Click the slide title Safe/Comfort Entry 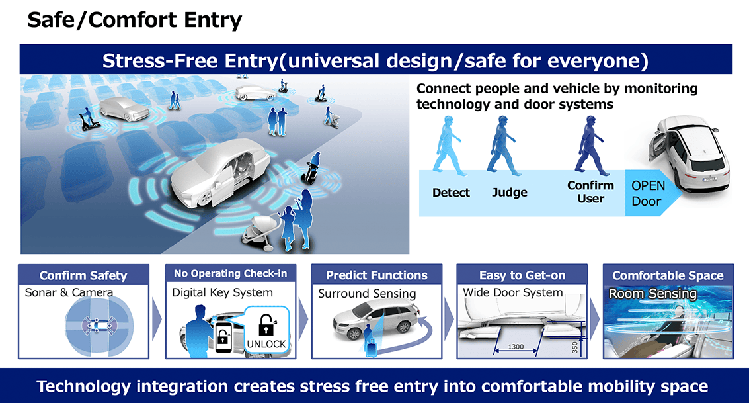(x=135, y=20)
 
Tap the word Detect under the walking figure (x=451, y=193)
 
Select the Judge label (x=510, y=193)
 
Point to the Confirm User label (x=590, y=192)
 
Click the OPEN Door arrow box (x=652, y=193)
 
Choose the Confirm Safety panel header (x=83, y=275)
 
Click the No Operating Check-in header (x=230, y=273)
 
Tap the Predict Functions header (x=377, y=275)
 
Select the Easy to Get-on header (x=522, y=275)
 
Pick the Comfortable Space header (x=668, y=275)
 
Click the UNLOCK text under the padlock (x=266, y=344)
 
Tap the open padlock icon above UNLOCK (x=266, y=325)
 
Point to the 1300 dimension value (x=516, y=347)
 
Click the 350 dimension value (x=574, y=347)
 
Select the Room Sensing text (x=652, y=294)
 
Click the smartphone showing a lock (x=223, y=337)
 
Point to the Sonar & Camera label (x=69, y=292)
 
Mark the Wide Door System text (x=512, y=292)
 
